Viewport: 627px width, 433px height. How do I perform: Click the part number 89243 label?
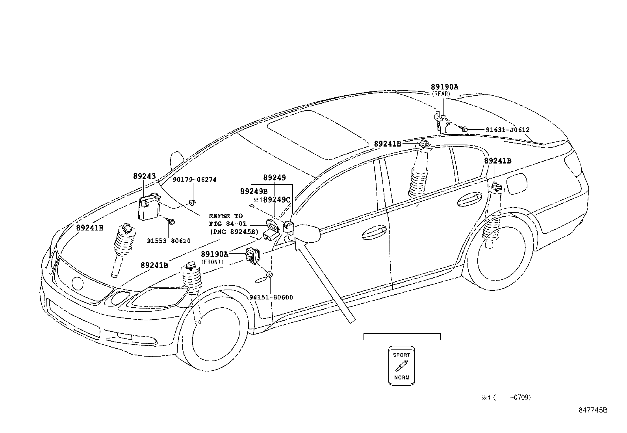[144, 176]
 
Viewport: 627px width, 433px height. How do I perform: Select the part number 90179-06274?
[195, 180]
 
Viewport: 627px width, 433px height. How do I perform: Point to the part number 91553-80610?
[169, 241]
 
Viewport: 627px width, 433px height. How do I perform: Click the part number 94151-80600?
[271, 297]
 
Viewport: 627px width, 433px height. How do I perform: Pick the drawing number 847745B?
[593, 410]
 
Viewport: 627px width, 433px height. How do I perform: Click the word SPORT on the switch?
[401, 355]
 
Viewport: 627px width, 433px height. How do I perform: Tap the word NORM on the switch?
[401, 377]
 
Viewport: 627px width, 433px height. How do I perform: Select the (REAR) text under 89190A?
[441, 94]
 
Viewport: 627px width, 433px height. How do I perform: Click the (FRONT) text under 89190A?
[212, 262]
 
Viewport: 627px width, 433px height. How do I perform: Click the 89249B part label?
[254, 191]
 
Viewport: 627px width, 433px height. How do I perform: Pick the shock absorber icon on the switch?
[401, 366]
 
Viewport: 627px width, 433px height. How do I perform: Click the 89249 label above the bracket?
[275, 178]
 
